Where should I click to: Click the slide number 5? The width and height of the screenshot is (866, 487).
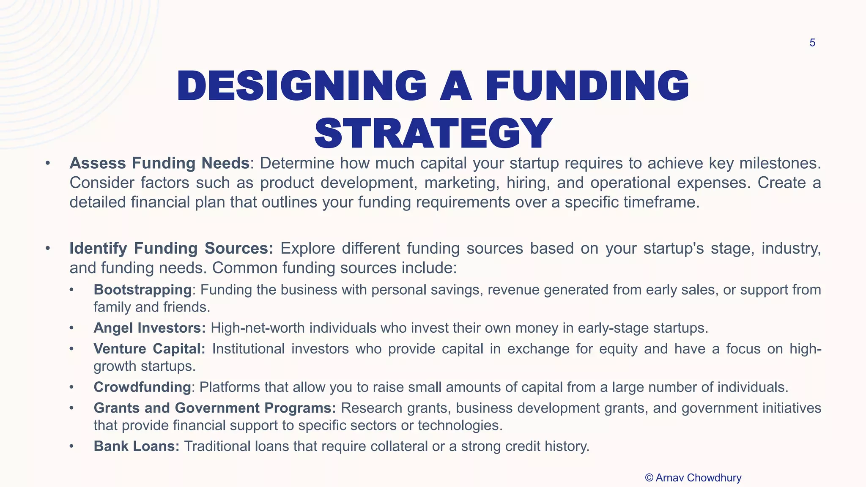pyautogui.click(x=812, y=43)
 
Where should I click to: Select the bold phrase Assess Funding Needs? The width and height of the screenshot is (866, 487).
pyautogui.click(x=159, y=163)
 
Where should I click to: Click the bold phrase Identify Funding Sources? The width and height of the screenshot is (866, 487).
pyautogui.click(x=171, y=248)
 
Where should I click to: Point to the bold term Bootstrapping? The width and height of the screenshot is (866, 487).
pyautogui.click(x=143, y=290)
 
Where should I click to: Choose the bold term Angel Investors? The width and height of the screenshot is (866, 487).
pyautogui.click(x=149, y=328)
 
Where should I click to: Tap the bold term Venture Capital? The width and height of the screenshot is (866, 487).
pyautogui.click(x=149, y=349)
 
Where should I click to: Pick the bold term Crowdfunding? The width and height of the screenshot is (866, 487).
pyautogui.click(x=142, y=387)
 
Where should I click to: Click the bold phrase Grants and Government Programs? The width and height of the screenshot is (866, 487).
pyautogui.click(x=214, y=408)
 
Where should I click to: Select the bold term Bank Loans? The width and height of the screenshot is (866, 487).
pyautogui.click(x=137, y=446)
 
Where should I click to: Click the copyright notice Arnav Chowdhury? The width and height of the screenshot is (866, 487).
pyautogui.click(x=693, y=478)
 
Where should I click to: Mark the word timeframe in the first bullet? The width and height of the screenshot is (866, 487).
pyautogui.click(x=659, y=202)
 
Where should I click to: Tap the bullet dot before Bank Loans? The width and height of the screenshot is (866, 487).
pyautogui.click(x=72, y=446)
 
